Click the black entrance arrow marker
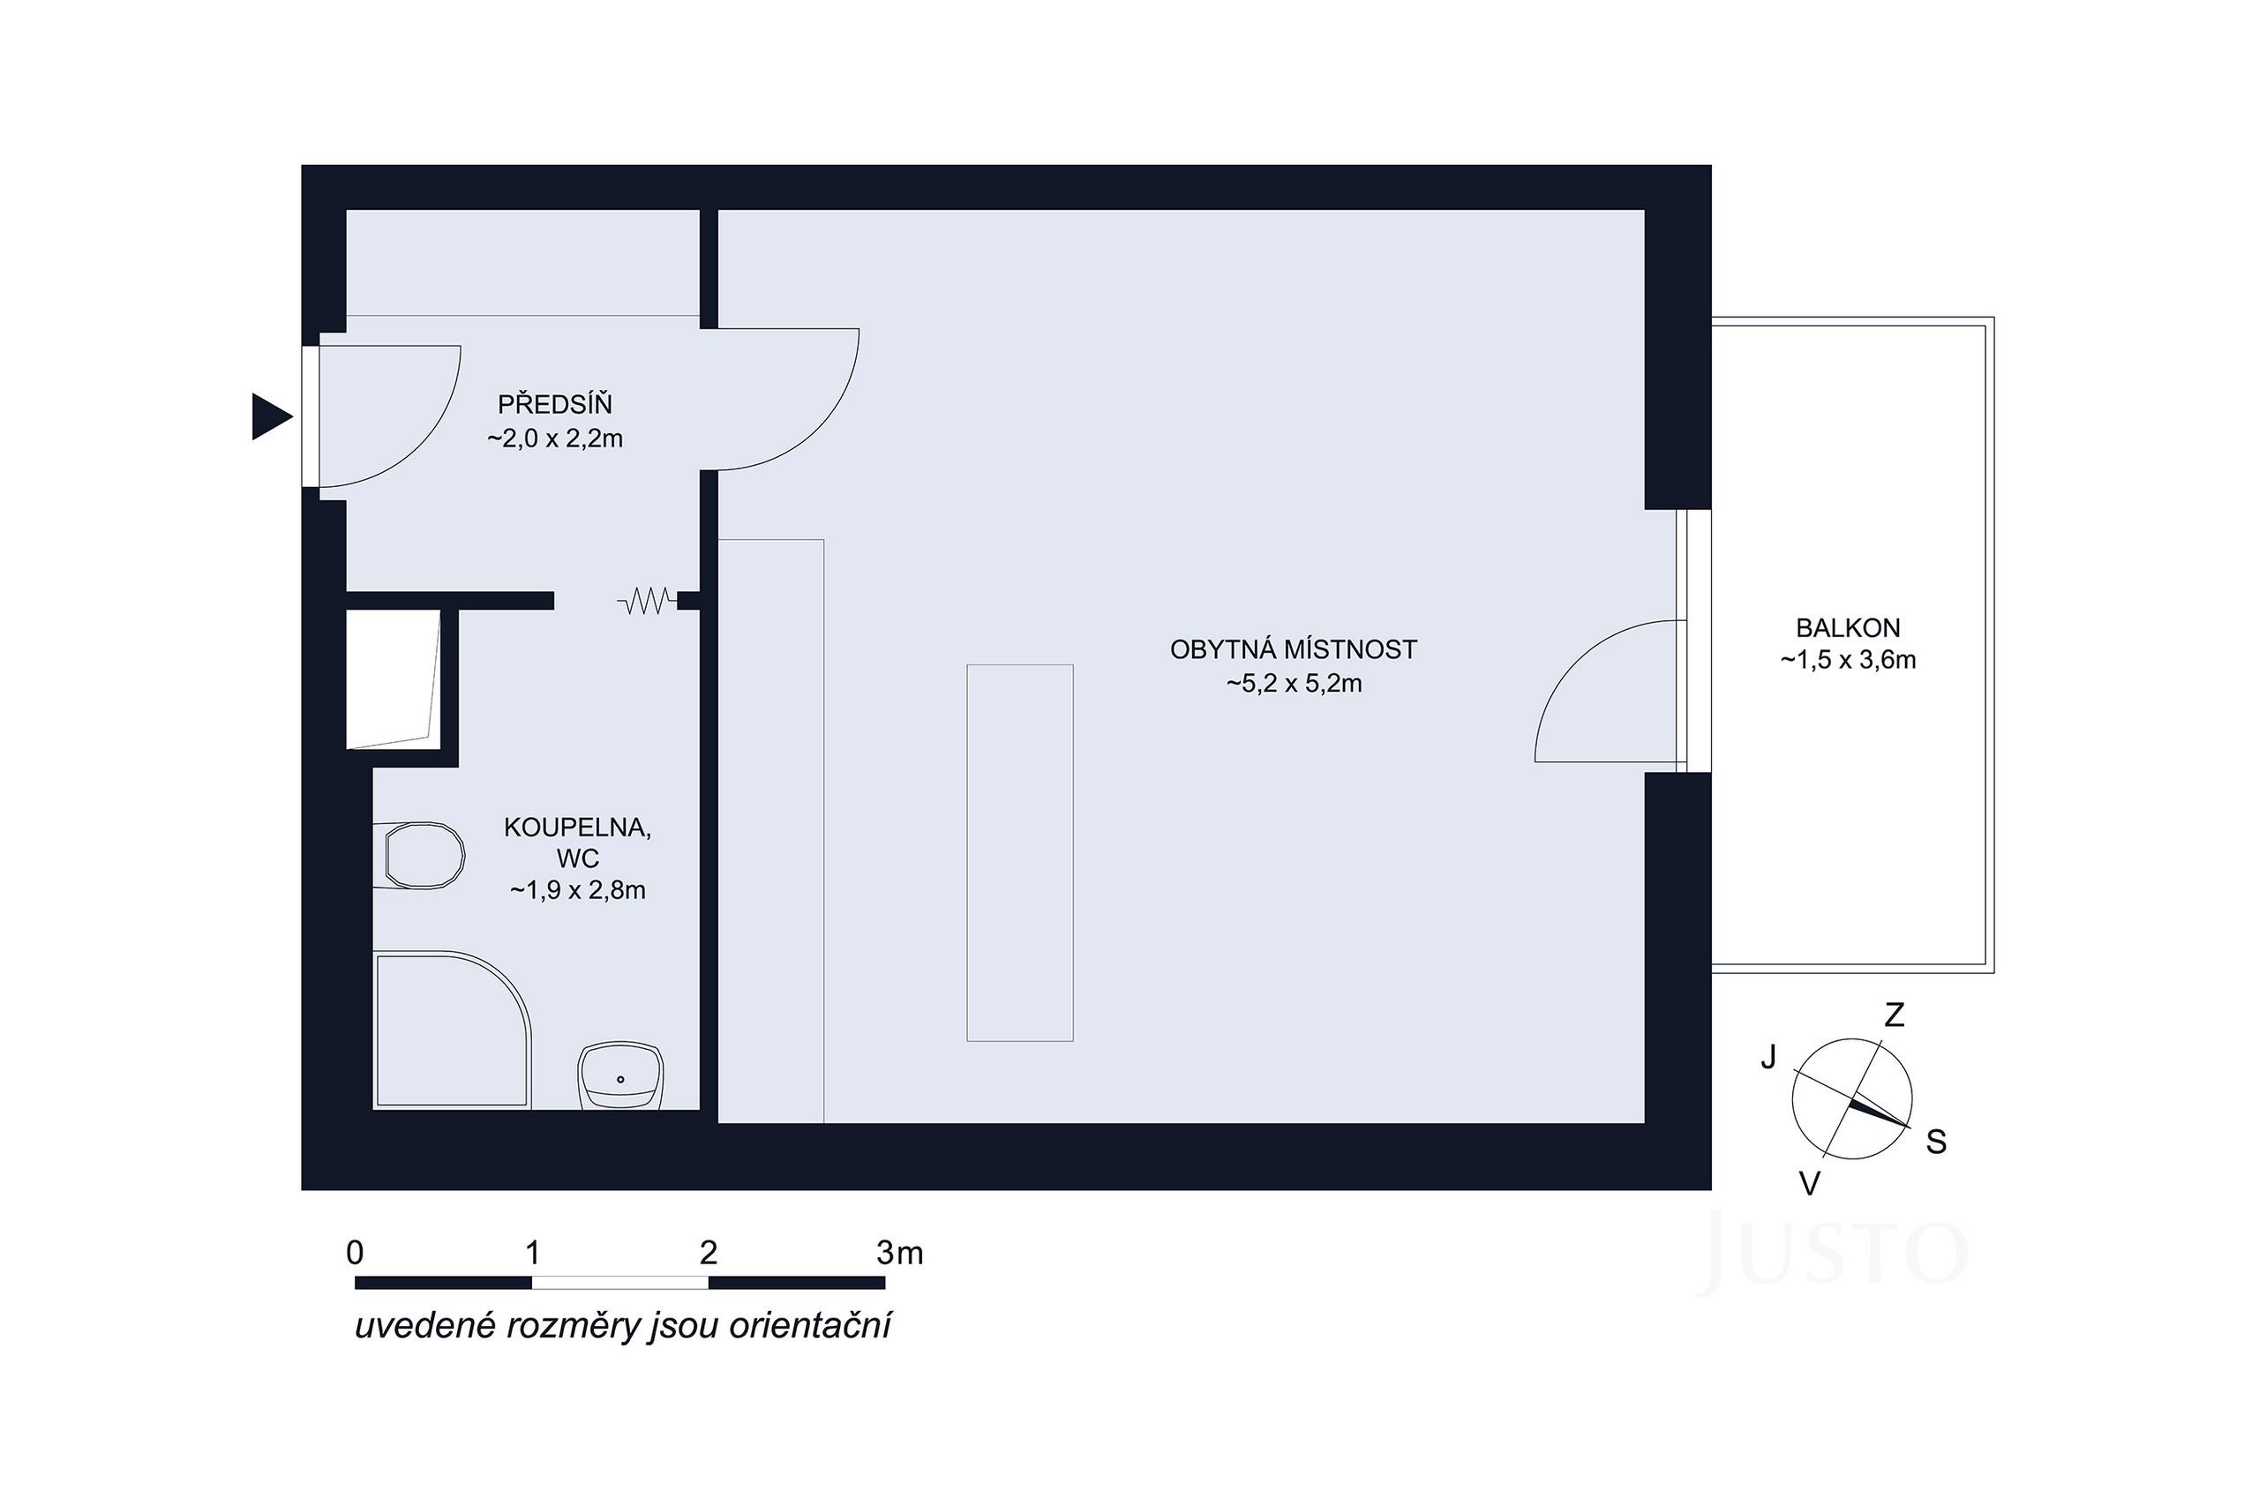click(x=269, y=416)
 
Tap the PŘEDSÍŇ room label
click(x=554, y=404)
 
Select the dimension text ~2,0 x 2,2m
click(x=554, y=439)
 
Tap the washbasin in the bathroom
click(x=620, y=1075)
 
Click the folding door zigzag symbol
click(x=645, y=603)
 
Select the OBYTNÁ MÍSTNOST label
click(x=1293, y=650)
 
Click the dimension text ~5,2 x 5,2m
click(x=1293, y=685)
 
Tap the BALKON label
click(x=1847, y=628)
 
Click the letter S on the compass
click(x=1936, y=1142)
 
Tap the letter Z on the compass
click(x=1893, y=1015)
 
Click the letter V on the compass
click(x=1809, y=1184)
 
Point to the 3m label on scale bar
click(x=899, y=1253)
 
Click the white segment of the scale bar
click(x=619, y=1282)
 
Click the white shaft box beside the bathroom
click(x=392, y=677)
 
